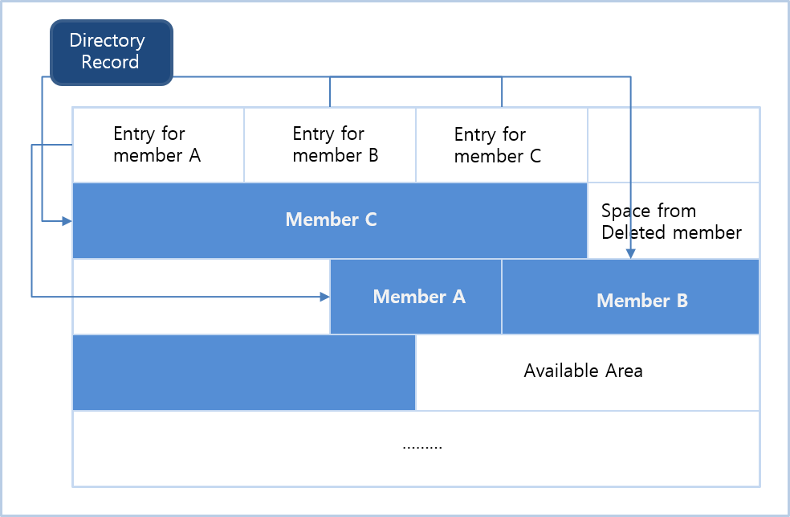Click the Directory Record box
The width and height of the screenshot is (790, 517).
[x=112, y=51]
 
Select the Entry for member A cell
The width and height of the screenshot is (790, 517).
[x=157, y=145]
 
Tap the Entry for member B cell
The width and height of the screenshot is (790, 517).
[x=330, y=145]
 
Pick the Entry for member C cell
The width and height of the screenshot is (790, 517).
[x=501, y=145]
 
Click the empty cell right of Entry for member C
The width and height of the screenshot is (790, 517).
[x=674, y=145]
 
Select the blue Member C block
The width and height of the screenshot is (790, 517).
[x=330, y=220]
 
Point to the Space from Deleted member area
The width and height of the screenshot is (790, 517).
[x=672, y=222]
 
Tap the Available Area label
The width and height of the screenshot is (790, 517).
[x=584, y=371]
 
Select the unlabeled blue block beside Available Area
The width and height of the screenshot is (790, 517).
[x=244, y=372]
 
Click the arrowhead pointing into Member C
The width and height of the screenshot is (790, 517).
[x=67, y=220]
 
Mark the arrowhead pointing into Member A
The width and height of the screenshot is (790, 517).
[x=325, y=297]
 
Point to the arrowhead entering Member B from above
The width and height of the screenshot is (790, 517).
[x=631, y=254]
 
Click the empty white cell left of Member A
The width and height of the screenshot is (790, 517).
[x=201, y=297]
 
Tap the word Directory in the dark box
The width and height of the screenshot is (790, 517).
[x=107, y=40]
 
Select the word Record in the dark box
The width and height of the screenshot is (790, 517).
[x=110, y=62]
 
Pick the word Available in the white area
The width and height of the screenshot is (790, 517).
[x=556, y=371]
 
